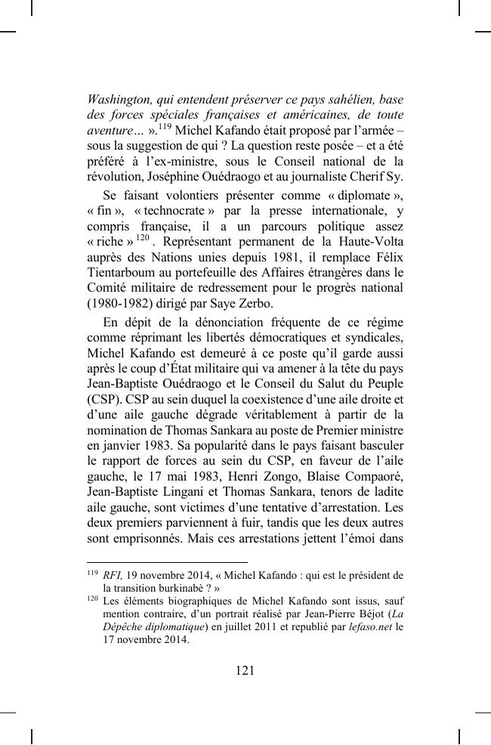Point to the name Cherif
pos(363,178)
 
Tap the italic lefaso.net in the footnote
pos(371,626)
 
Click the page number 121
pos(245,670)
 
